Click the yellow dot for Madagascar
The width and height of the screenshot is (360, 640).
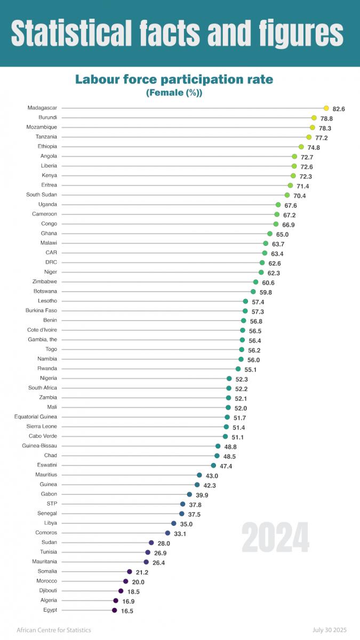[326, 108]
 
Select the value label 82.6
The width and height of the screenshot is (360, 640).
[339, 109]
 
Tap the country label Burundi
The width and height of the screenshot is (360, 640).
[48, 117]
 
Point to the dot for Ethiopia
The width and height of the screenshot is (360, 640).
[301, 147]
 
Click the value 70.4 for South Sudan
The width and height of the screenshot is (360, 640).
[299, 196]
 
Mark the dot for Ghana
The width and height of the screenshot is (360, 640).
[270, 234]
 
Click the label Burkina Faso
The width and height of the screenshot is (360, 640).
[42, 310]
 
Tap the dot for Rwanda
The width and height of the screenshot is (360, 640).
[238, 369]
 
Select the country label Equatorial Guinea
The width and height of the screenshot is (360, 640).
[36, 417]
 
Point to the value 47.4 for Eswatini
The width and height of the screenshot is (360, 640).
[226, 466]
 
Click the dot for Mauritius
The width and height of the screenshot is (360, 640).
[199, 475]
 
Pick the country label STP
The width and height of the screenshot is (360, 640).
[52, 503]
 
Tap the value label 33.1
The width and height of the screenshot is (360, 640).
[180, 533]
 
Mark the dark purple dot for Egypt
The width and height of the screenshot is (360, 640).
[114, 610]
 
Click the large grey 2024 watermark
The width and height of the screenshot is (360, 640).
[275, 538]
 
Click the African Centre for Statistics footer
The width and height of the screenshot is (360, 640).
[54, 630]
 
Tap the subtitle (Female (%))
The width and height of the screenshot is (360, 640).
[174, 93]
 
